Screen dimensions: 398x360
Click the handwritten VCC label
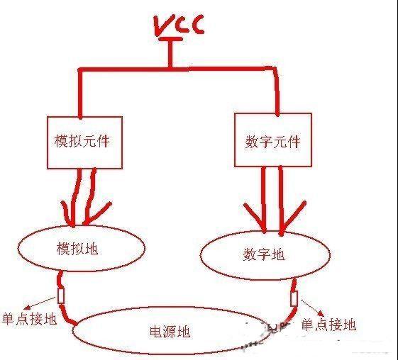coord(179,25)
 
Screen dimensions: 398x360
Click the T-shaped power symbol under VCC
coord(170,52)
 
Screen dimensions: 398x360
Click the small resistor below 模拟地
coord(61,296)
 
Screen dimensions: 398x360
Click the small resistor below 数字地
coord(294,298)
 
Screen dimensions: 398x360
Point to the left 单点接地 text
coord(30,319)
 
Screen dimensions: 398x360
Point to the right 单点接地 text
coord(328,325)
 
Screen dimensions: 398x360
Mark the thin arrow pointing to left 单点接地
coord(39,303)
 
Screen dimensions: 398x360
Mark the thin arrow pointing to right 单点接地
coord(312,308)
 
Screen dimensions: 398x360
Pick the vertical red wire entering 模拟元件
coord(80,93)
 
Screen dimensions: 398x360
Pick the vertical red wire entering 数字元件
coord(276,91)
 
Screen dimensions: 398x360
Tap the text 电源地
coord(170,332)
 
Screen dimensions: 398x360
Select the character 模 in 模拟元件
coord(61,141)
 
